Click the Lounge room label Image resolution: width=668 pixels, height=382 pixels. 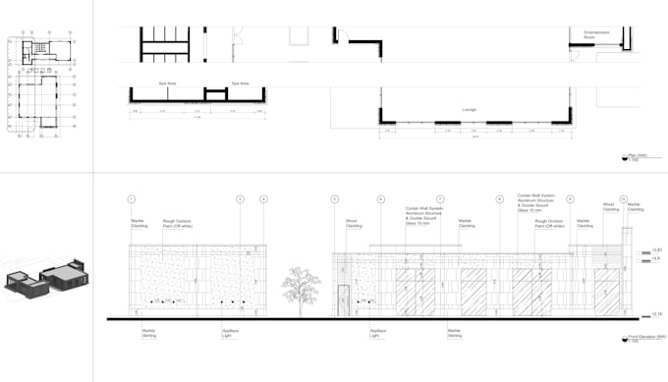pyautogui.click(x=469, y=110)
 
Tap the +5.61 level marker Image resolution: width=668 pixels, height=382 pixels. pyautogui.click(x=657, y=251)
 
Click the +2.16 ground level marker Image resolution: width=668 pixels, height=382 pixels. pyautogui.click(x=657, y=314)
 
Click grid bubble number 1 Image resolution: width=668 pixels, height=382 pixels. pyautogui.click(x=131, y=199)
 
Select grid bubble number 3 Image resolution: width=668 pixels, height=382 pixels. pyautogui.click(x=240, y=199)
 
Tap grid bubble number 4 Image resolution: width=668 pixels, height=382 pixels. pyautogui.click(x=263, y=199)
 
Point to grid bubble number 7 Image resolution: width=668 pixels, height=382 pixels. pyautogui.click(x=440, y=199)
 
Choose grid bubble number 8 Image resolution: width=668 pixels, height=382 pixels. pyautogui.click(x=499, y=199)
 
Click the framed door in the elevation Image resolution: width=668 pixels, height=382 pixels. pyautogui.click(x=344, y=300)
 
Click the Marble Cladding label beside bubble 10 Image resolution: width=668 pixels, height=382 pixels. pyautogui.click(x=636, y=207)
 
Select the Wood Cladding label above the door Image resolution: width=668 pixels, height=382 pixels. pyautogui.click(x=351, y=224)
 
